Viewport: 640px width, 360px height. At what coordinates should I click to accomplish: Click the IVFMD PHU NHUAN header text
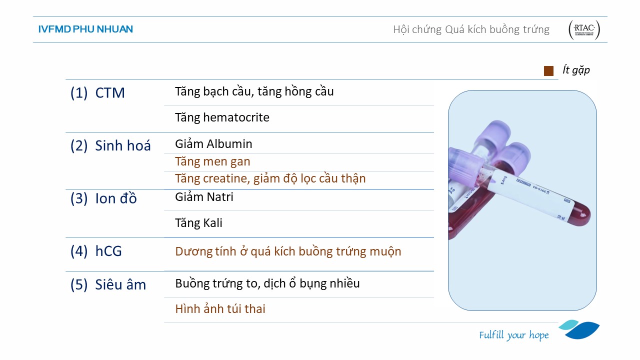85,29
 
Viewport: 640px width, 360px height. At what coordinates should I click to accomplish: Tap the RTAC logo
584,29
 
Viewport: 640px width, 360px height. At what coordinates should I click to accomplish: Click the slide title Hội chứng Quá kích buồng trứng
471,29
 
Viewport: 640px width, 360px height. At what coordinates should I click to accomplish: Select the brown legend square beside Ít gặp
548,71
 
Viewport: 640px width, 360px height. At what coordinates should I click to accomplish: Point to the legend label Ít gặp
576,70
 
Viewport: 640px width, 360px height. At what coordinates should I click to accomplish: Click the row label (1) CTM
97,93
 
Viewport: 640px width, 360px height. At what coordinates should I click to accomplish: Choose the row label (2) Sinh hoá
110,145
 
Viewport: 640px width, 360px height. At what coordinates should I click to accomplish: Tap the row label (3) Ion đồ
103,198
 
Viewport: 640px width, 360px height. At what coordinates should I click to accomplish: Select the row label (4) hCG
96,251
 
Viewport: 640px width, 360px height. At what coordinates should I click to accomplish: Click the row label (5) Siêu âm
108,285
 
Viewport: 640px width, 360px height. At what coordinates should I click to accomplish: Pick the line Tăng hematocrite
222,117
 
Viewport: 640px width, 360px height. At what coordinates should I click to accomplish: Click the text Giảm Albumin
213,144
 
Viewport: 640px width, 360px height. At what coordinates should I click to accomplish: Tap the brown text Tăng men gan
212,161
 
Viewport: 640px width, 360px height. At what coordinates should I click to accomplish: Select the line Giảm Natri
204,197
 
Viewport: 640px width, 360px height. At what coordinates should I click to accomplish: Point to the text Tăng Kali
198,223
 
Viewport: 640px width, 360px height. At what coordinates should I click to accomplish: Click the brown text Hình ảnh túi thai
220,309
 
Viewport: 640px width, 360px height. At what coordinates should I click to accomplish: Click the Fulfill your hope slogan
514,335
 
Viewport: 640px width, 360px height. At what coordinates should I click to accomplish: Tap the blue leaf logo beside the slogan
579,329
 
